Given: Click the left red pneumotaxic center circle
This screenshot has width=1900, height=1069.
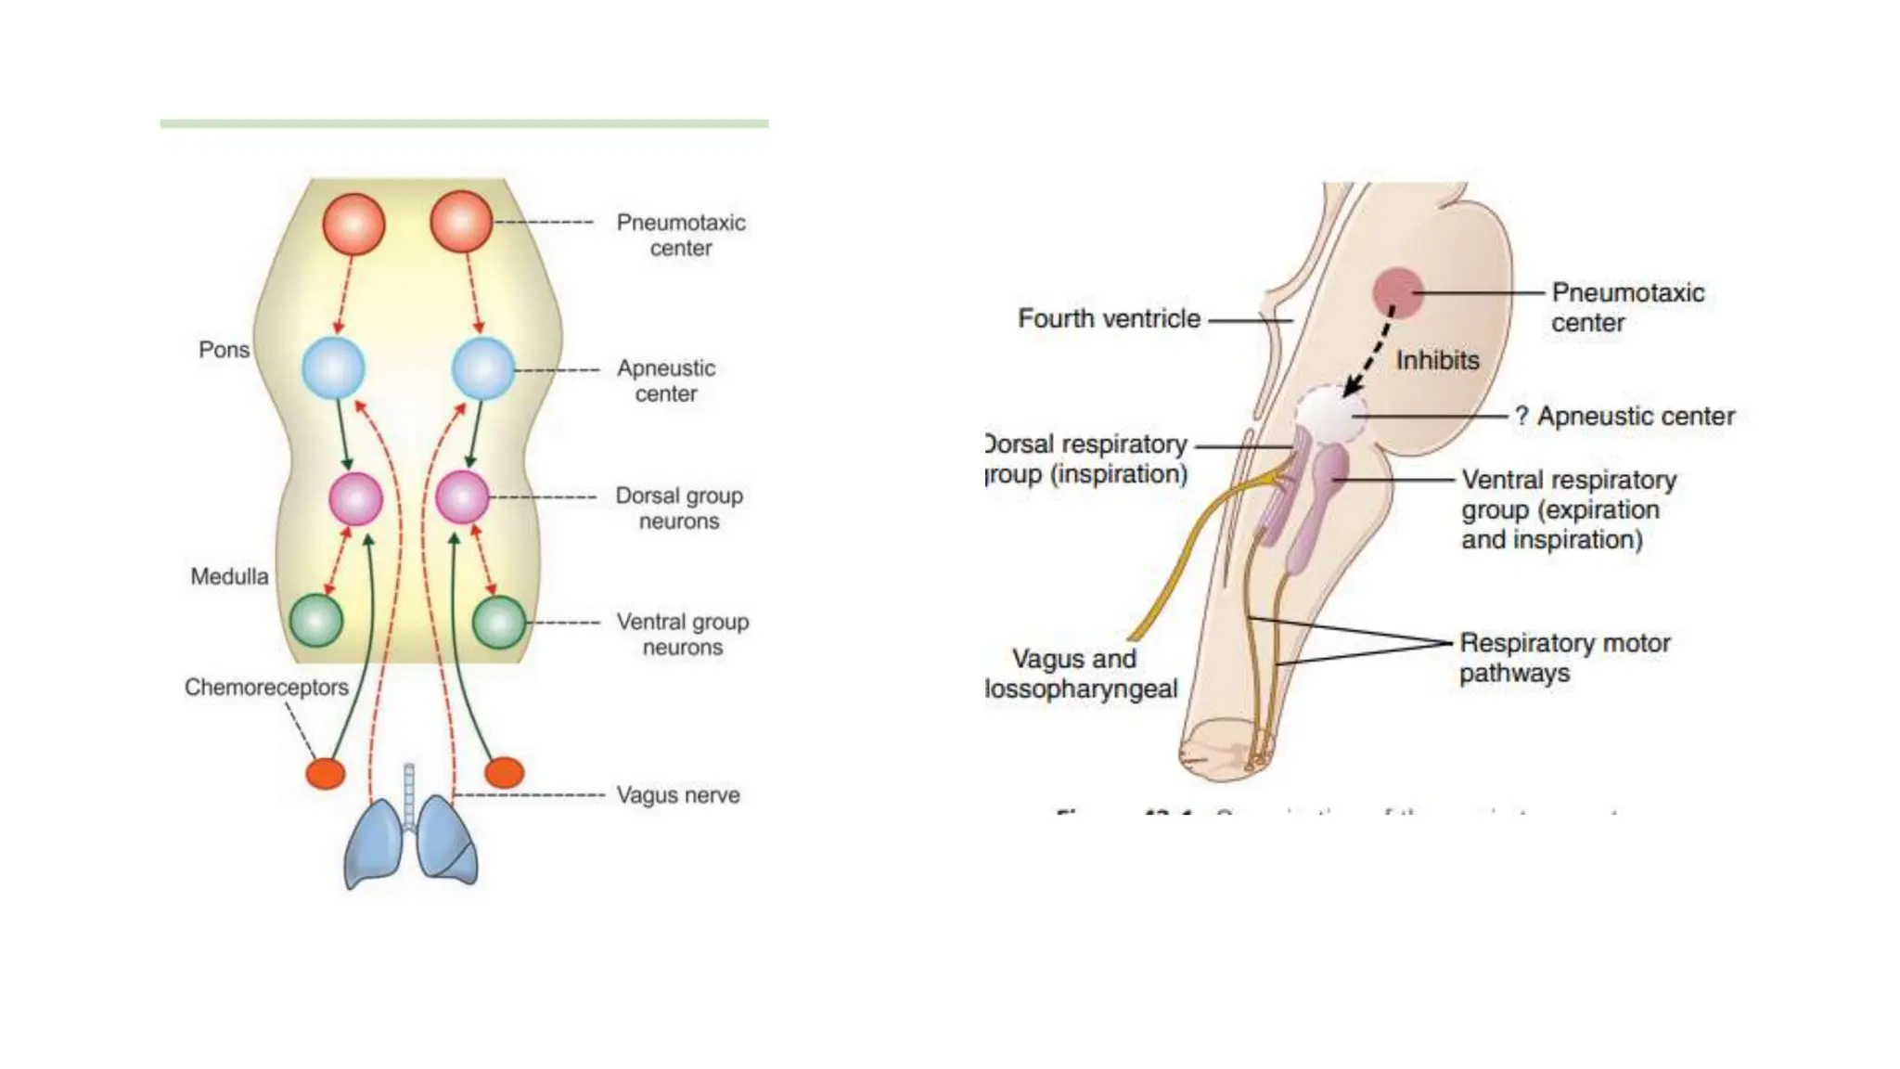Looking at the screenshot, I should click(353, 224).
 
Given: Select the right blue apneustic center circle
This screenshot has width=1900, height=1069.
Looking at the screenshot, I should click(482, 368).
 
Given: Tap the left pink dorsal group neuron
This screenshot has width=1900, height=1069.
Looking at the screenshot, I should click(355, 498).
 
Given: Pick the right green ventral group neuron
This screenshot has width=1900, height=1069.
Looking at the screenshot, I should click(499, 622).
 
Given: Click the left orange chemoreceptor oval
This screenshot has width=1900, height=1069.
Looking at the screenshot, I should click(326, 773).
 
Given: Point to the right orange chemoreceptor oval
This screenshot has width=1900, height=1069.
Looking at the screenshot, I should click(505, 772).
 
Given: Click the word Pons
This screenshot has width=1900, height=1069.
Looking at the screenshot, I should click(224, 350).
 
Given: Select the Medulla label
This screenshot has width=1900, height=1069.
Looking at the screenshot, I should click(229, 576).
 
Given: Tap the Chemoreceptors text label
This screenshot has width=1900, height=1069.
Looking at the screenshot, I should click(266, 687).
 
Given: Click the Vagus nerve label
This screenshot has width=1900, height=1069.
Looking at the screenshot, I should click(678, 795).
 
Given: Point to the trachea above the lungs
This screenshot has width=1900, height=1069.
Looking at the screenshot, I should click(409, 793).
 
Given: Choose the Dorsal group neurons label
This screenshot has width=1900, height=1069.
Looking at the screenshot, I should click(679, 509).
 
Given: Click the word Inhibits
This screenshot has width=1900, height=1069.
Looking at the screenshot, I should click(1437, 360).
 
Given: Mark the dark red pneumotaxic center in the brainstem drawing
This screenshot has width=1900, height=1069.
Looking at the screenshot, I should click(1398, 292).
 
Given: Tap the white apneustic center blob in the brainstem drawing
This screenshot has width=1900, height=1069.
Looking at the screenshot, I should click(1329, 413).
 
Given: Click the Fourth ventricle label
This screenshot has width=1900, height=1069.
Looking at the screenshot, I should click(1109, 318).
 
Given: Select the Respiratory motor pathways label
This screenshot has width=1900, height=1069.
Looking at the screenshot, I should click(1564, 657).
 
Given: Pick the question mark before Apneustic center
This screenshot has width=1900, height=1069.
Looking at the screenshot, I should click(1521, 417).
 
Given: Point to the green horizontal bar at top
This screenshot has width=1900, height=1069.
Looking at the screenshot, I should click(464, 123).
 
